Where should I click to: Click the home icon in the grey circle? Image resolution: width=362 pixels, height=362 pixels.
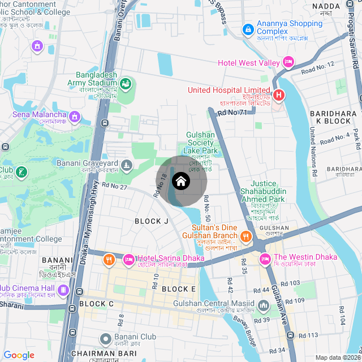[181, 181]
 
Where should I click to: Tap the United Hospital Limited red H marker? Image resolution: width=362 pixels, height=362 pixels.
[278, 95]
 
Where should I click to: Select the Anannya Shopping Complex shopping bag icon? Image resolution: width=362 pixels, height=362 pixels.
[248, 28]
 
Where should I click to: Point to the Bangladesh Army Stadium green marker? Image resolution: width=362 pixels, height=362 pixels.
[126, 84]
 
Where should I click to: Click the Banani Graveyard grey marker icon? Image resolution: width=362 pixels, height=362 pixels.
[127, 166]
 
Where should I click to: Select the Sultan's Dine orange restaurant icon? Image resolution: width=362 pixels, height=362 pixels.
[246, 235]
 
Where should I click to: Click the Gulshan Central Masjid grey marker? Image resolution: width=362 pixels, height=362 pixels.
[263, 307]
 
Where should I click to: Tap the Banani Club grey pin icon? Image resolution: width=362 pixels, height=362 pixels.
[105, 339]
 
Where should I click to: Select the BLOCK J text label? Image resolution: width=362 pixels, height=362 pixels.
[151, 221]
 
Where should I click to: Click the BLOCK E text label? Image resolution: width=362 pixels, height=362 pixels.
[178, 289]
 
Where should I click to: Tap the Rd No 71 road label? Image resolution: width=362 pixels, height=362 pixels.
[232, 113]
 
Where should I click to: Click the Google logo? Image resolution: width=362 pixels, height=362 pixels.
[19, 355]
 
